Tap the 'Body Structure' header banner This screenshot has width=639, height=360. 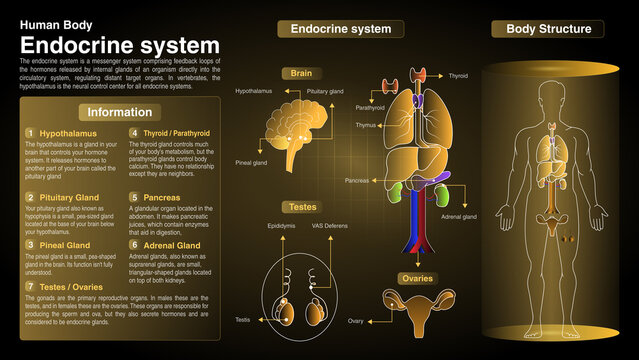pos(548,29)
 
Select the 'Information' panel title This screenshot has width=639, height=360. pos(120,112)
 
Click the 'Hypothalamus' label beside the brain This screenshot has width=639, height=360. pos(255,91)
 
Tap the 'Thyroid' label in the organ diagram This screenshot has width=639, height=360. pos(458,76)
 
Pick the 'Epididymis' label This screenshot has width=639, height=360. pos(282,226)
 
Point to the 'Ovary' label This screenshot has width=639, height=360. pos(355,321)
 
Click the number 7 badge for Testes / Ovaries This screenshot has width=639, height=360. pos(30,287)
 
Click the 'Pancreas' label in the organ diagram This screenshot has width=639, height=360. pos(357,181)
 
